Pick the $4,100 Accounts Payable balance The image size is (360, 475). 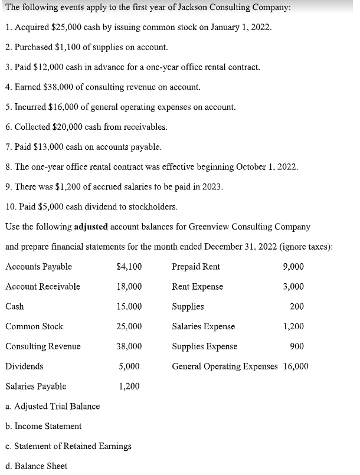tap(129, 267)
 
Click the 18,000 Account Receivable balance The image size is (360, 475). tap(130, 287)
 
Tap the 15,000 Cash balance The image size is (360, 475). tap(130, 307)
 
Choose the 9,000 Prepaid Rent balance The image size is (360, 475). tap(294, 267)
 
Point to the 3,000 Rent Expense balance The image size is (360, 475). tap(294, 287)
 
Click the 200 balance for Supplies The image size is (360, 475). tap(297, 307)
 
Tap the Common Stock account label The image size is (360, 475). tap(34, 326)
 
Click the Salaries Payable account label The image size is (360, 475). tap(35, 386)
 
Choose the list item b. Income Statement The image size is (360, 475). tap(43, 426)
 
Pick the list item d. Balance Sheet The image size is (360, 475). tap(36, 466)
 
